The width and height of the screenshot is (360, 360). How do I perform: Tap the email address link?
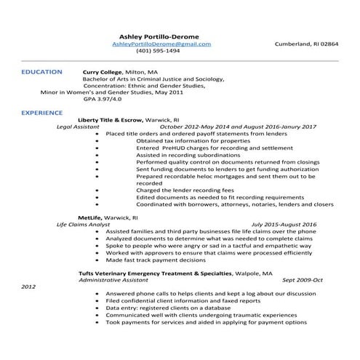pos(161,44)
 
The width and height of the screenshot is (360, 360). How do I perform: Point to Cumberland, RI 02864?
pos(306,44)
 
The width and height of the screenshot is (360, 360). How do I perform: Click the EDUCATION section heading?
pos(41,72)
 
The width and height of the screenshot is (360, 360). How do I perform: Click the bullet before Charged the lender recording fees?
pos(97,190)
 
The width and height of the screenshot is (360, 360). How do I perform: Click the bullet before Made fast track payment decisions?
pos(97,260)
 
